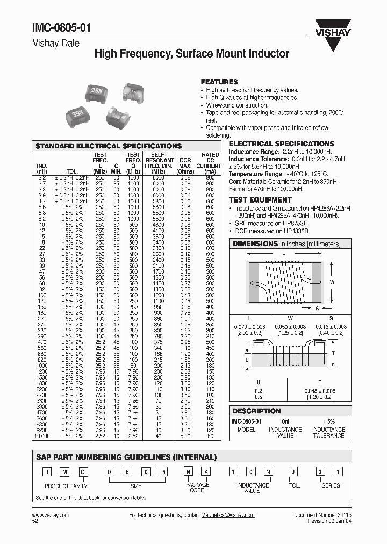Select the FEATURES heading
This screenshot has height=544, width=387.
click(x=219, y=81)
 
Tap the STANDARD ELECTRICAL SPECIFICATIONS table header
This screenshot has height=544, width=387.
click(x=109, y=146)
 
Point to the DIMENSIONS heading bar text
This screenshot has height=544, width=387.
click(x=286, y=244)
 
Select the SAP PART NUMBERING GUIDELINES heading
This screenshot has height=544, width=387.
click(x=126, y=457)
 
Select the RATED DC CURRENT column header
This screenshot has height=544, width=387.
click(x=209, y=160)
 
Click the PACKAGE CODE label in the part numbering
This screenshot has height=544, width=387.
click(x=197, y=488)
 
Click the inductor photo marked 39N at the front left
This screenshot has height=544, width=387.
click(x=74, y=114)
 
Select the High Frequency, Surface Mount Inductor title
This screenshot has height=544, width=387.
click(x=192, y=54)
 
